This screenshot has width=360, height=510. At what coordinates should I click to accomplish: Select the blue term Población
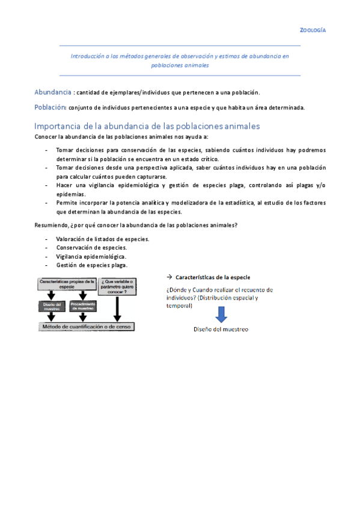(x=50, y=107)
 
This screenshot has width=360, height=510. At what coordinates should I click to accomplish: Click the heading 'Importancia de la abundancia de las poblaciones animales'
(x=147, y=126)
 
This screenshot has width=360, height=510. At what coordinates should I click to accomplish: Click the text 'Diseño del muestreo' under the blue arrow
(x=221, y=329)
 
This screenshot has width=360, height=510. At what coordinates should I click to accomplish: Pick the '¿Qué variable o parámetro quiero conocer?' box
(x=117, y=284)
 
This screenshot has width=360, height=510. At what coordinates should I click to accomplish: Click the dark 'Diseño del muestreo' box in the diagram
(x=52, y=306)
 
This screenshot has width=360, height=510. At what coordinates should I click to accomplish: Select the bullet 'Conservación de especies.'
(x=91, y=247)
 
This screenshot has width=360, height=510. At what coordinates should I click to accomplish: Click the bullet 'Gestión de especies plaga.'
(x=91, y=265)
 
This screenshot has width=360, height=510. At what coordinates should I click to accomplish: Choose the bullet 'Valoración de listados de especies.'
(x=103, y=239)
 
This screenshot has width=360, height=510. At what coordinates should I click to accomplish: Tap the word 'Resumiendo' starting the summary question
(x=51, y=225)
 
